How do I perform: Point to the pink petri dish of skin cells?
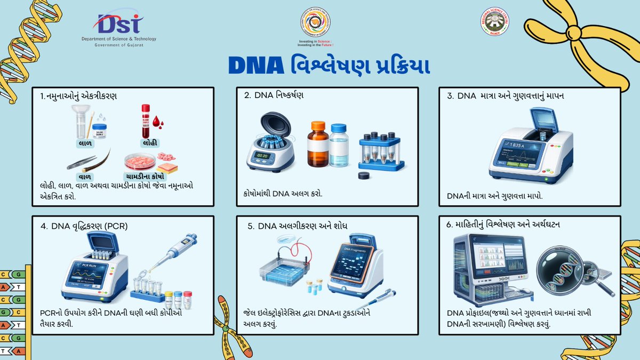(140, 162)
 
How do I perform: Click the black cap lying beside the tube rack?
(365, 175)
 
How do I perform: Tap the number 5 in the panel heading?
(250, 226)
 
